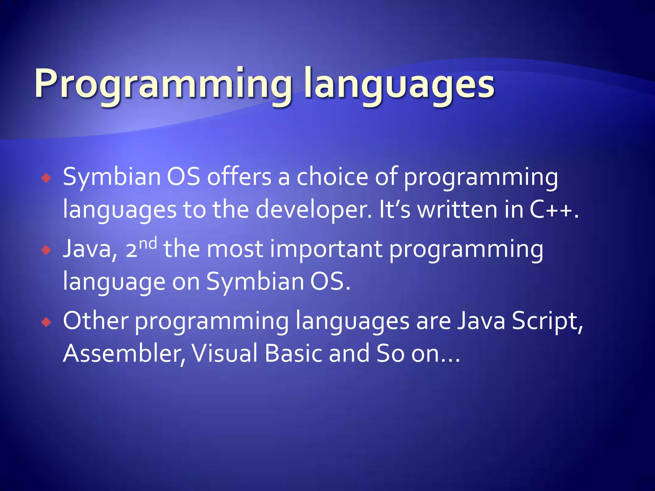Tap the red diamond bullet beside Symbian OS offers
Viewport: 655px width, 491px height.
46,178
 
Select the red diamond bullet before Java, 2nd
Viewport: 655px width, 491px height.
46,250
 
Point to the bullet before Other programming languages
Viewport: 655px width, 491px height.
46,322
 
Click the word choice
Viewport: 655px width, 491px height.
332,176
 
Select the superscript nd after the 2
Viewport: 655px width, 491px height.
148,244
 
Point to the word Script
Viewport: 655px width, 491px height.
547,321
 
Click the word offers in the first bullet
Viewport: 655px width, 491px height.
239,176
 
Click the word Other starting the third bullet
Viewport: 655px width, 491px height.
96,320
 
